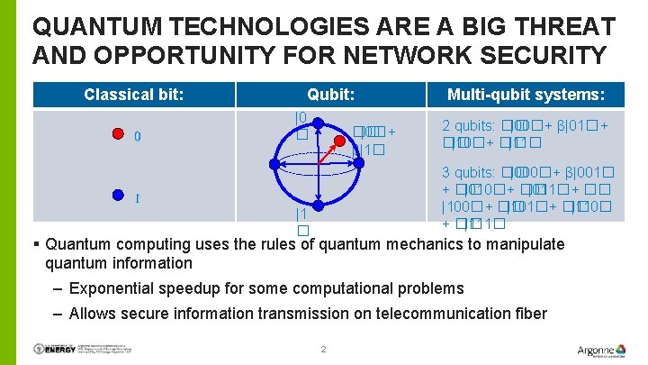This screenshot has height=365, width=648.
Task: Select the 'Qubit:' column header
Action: click(x=330, y=95)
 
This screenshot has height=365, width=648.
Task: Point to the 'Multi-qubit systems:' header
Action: click(x=526, y=95)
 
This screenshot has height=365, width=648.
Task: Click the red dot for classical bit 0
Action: click(x=117, y=135)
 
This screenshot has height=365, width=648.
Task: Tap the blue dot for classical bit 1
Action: click(x=117, y=194)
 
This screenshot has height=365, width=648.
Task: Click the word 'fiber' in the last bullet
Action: click(x=527, y=314)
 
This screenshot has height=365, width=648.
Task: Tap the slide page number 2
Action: click(x=323, y=349)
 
